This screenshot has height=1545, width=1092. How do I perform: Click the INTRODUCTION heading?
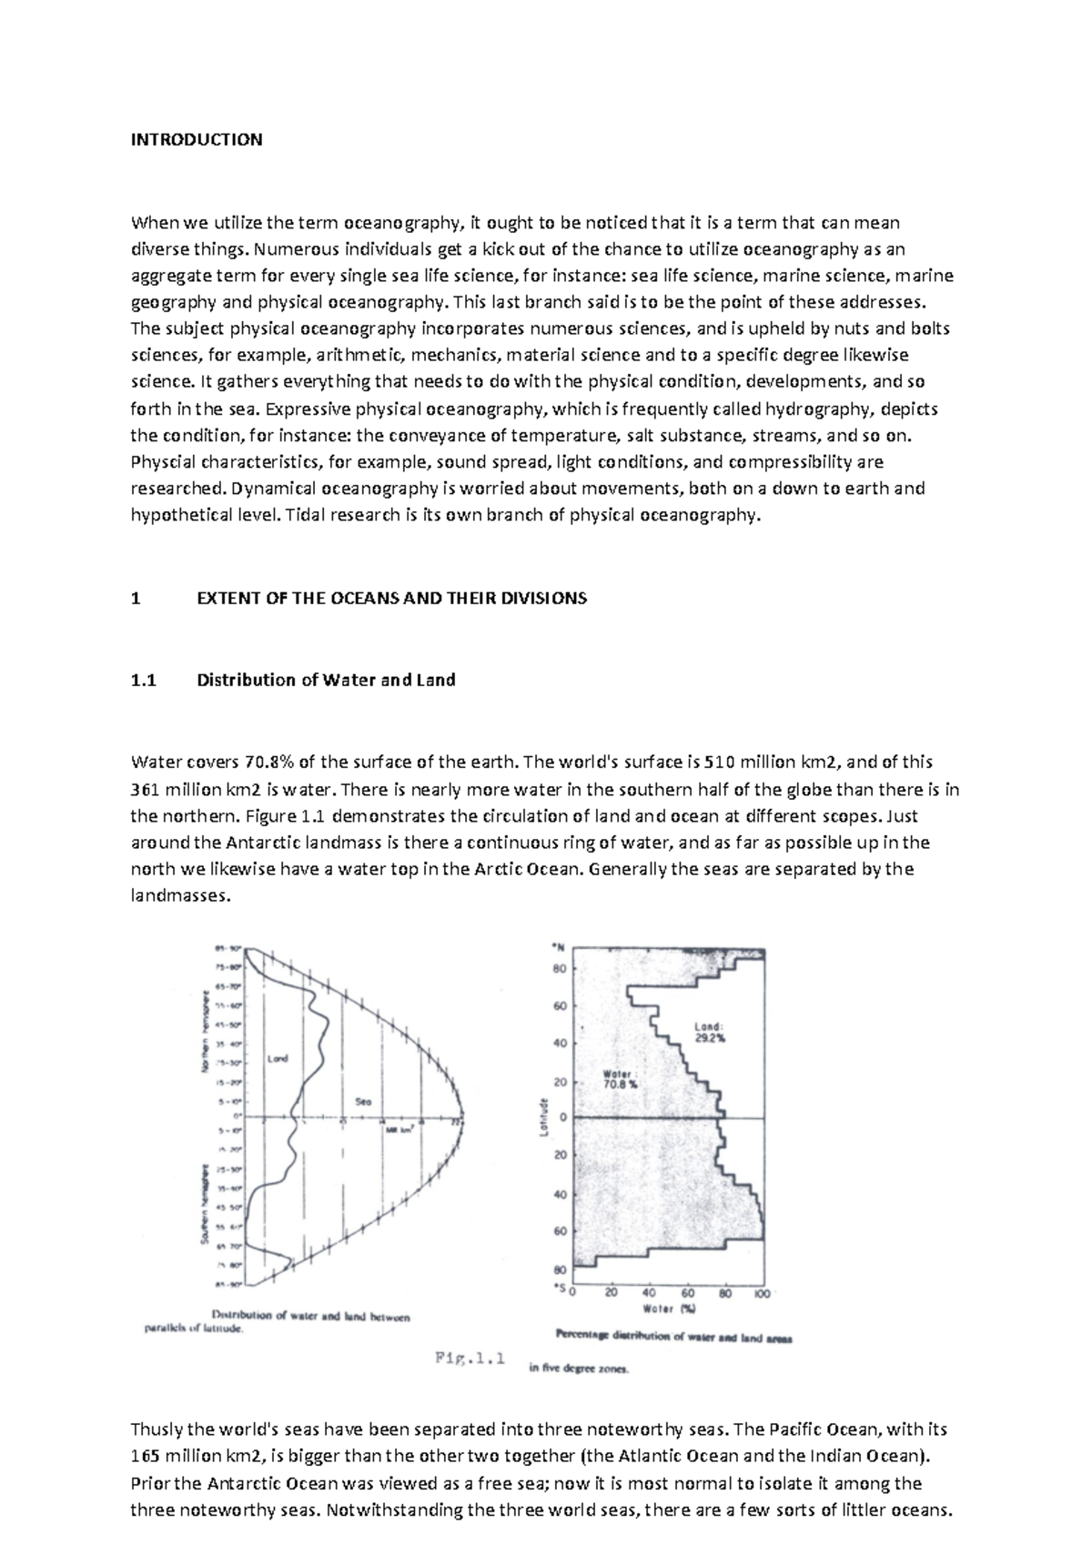[x=197, y=139]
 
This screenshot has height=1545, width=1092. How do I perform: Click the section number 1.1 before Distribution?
[x=144, y=680]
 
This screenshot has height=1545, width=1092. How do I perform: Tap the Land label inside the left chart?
[x=278, y=1058]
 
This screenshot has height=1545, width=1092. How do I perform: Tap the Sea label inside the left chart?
[x=363, y=1101]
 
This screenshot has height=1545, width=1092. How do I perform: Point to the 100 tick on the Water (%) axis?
[x=763, y=1293]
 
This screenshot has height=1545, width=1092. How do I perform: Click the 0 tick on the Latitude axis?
[x=562, y=1116]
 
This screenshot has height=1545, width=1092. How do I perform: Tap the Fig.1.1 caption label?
[x=469, y=1360]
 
